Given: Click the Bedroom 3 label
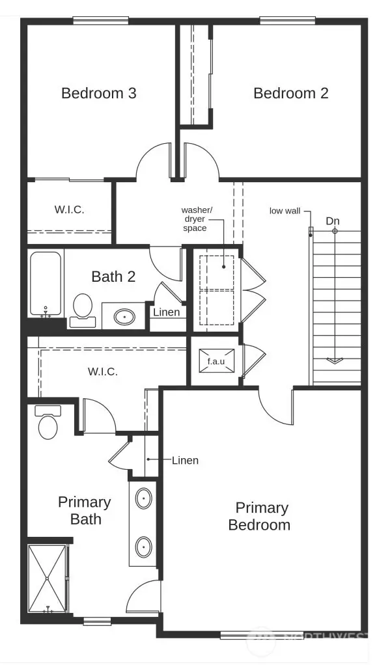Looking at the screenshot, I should point(98,93).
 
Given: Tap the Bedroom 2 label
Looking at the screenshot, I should point(290,93).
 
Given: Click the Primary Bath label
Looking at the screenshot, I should point(84,510).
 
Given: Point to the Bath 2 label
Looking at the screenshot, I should point(113,277).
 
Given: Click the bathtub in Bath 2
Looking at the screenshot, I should point(46,284).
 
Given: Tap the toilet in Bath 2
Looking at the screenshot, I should point(83,308).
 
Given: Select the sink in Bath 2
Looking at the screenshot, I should point(124,317).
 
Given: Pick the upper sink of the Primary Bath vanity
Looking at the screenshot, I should point(144,499).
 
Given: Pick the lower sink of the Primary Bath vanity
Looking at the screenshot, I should point(144,546).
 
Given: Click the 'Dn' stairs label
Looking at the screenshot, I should point(333,221).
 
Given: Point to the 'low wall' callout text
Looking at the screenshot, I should point(285,211).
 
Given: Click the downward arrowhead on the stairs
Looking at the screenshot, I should point(335,360).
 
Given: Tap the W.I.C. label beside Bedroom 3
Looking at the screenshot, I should point(69,210).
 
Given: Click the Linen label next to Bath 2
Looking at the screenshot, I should point(166,312).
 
